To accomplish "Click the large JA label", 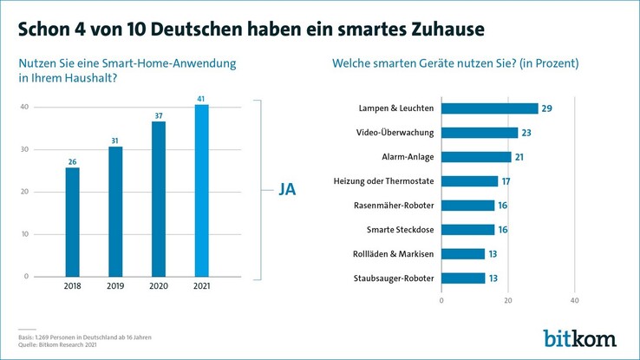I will point(287,189).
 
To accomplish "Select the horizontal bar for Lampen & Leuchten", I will point(490,108).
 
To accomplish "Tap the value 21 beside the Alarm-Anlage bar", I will point(519,157).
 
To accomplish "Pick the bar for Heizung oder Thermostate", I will point(470,181).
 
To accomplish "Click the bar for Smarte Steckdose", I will point(468,230).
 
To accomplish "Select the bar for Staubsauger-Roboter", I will point(463,278).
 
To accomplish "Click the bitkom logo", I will point(579,337).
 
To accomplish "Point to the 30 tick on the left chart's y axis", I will point(25,149).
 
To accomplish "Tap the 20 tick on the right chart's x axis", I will point(508,300).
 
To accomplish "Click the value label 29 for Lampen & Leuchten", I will point(546,108).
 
